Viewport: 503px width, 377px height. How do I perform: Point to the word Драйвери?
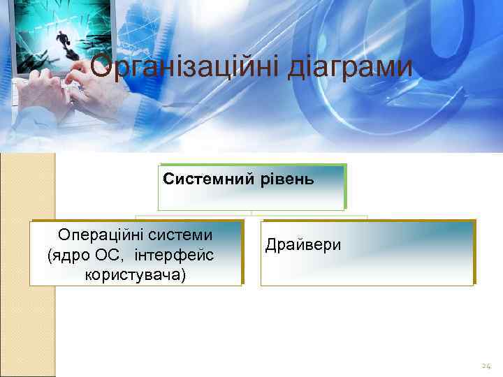(x=302, y=244)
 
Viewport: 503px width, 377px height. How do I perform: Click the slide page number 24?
(x=486, y=366)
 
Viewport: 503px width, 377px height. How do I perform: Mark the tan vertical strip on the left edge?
(x=27, y=265)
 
